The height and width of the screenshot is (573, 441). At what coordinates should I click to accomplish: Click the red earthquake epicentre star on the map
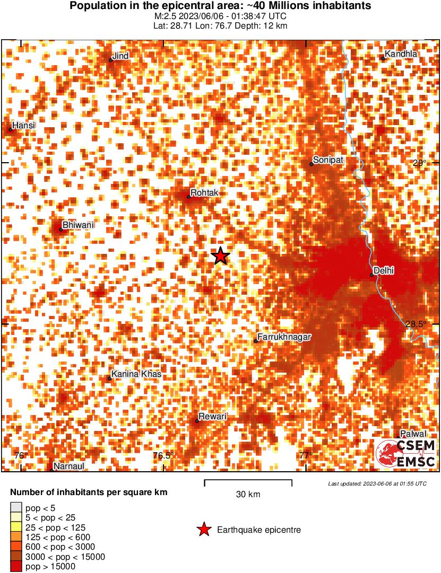tap(220, 256)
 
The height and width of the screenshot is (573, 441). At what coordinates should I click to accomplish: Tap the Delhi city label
tap(384, 270)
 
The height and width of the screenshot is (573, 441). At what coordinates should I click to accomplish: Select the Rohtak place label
tap(204, 193)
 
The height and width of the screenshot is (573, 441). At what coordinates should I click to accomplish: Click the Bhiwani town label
tap(78, 225)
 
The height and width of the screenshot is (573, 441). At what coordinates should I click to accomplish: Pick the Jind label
tap(122, 56)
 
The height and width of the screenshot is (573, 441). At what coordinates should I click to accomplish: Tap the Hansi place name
tap(23, 126)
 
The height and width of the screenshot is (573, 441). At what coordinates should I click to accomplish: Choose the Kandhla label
tap(401, 54)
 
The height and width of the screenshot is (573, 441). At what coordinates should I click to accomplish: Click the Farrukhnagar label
tap(284, 337)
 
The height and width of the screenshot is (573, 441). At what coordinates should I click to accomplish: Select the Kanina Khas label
tap(136, 374)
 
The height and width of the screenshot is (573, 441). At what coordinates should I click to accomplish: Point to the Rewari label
tap(212, 417)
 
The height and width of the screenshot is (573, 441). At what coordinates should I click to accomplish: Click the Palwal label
tap(413, 434)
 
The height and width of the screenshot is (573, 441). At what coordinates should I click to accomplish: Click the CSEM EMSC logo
tap(406, 454)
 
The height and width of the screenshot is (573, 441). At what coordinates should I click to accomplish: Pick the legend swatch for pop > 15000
tap(16, 567)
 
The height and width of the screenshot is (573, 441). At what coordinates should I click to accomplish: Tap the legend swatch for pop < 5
tap(16, 508)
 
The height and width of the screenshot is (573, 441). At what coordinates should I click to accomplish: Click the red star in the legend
tap(203, 530)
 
